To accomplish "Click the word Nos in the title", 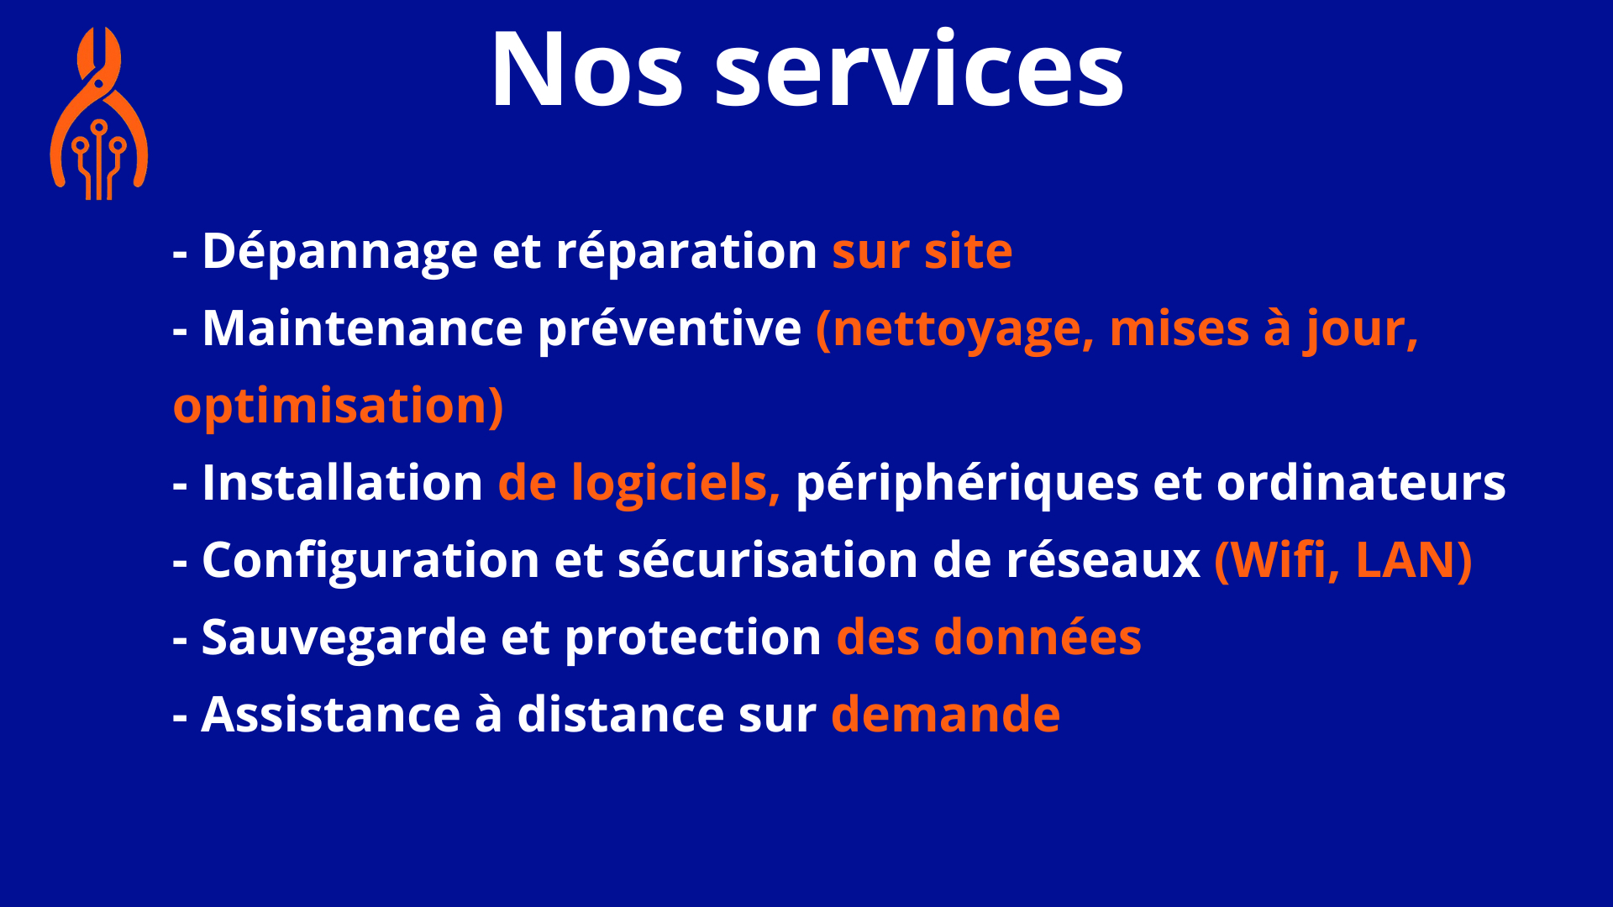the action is (587, 70).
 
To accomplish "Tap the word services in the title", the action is (919, 70).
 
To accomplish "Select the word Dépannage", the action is (339, 251).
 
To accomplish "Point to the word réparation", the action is (686, 251).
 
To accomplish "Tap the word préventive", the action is (670, 328).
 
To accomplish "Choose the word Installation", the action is (343, 483).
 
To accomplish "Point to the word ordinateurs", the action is (1361, 483).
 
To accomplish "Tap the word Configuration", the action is (370, 560).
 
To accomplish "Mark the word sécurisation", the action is (768, 560).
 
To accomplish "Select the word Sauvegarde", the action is (344, 637).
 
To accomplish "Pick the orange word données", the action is (1038, 637).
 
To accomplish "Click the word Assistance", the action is (331, 715).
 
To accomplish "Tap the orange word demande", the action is (946, 715).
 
